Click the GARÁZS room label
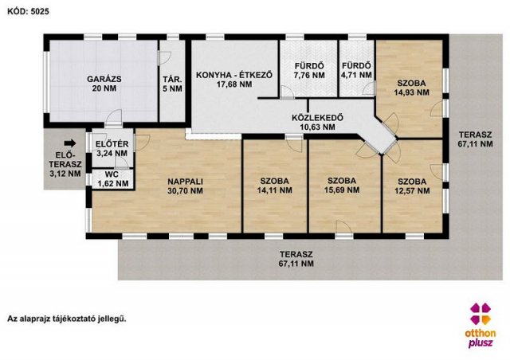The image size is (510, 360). click(104, 79)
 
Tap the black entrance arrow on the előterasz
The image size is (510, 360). click(70, 143)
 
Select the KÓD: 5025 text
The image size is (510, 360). click(29, 11)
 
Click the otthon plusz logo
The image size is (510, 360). click(481, 325)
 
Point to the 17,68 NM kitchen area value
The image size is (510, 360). click(234, 84)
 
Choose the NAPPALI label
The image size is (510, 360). click(185, 182)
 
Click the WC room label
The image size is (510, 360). click(112, 174)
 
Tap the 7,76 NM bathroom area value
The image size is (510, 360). click(309, 75)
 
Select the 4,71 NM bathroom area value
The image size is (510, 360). click(356, 75)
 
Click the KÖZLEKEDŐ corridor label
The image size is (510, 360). click(317, 118)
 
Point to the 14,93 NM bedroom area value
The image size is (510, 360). click(412, 92)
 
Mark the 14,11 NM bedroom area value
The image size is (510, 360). click(274, 190)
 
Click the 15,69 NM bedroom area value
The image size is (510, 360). click(342, 190)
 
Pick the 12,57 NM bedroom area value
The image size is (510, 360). click(412, 190)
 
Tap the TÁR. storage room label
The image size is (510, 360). click(172, 79)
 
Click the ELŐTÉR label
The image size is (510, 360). click(112, 143)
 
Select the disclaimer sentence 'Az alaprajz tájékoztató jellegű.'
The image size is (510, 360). click(67, 319)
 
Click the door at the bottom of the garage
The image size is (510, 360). click(113, 119)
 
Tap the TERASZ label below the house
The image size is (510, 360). click(296, 254)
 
